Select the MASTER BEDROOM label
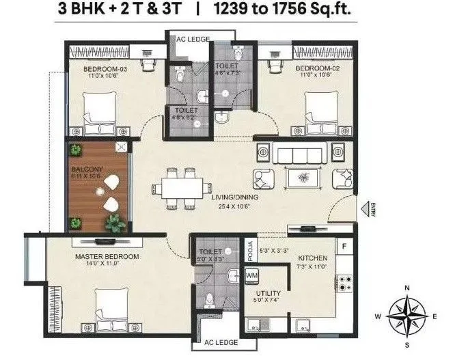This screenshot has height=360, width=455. pyautogui.click(x=107, y=257)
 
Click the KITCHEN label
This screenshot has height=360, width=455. pyautogui.click(x=312, y=258)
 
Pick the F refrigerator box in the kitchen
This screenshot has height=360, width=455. pyautogui.click(x=344, y=245)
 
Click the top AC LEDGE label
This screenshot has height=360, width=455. pyautogui.click(x=191, y=39)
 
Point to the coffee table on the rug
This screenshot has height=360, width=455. pyautogui.click(x=301, y=178)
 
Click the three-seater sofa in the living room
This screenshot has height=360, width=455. pyautogui.click(x=301, y=154)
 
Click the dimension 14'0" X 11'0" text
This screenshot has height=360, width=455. pyautogui.click(x=107, y=264)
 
